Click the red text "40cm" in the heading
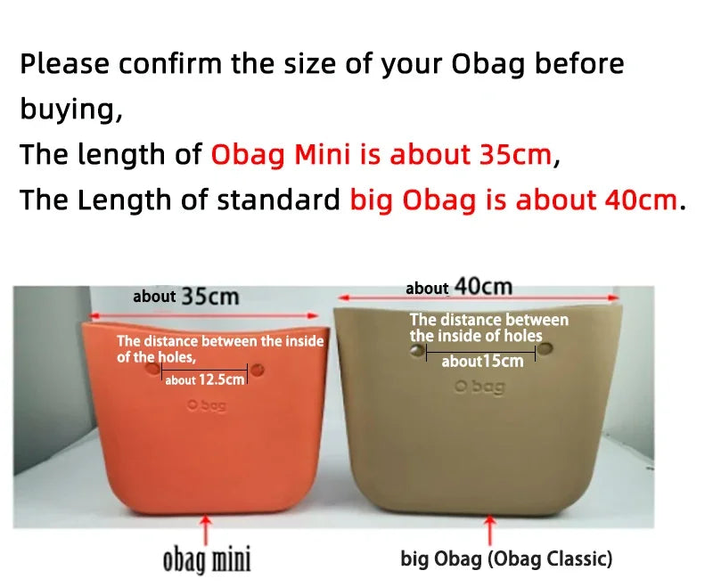pyautogui.click(x=641, y=200)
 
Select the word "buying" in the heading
pyautogui.click(x=68, y=110)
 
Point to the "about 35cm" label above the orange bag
pyautogui.click(x=185, y=296)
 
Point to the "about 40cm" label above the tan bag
pyautogui.click(x=459, y=287)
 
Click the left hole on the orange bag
pyautogui.click(x=152, y=367)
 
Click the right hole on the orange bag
pyautogui.click(x=257, y=368)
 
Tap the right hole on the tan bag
pyautogui.click(x=545, y=347)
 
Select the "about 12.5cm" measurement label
pyautogui.click(x=204, y=380)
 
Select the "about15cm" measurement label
pyautogui.click(x=482, y=361)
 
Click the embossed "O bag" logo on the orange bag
pyautogui.click(x=207, y=405)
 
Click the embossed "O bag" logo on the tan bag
pyautogui.click(x=479, y=387)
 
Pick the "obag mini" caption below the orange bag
pyautogui.click(x=206, y=559)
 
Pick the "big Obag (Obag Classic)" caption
pyautogui.click(x=506, y=559)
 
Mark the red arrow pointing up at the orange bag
pyautogui.click(x=207, y=526)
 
